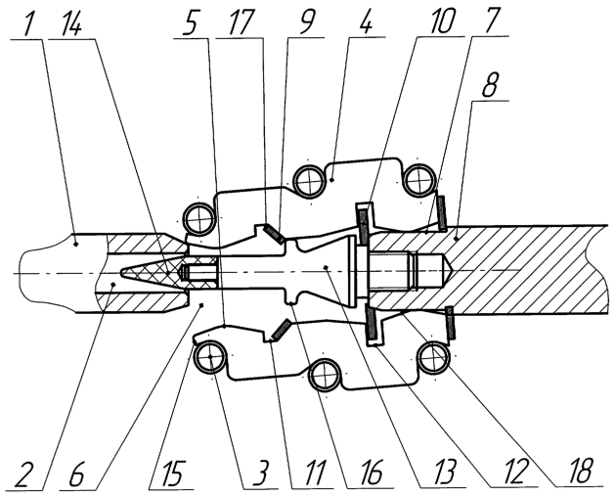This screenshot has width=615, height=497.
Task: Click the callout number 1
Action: [29, 23]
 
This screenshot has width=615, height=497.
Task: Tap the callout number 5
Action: [191, 23]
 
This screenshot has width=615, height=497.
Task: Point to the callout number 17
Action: [237, 23]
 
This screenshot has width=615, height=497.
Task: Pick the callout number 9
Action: [305, 23]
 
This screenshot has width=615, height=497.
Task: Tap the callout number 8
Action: [490, 85]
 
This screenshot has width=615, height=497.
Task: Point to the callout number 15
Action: [170, 474]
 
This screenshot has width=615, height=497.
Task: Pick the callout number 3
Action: [261, 474]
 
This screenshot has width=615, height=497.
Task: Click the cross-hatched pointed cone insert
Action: [153, 272]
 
